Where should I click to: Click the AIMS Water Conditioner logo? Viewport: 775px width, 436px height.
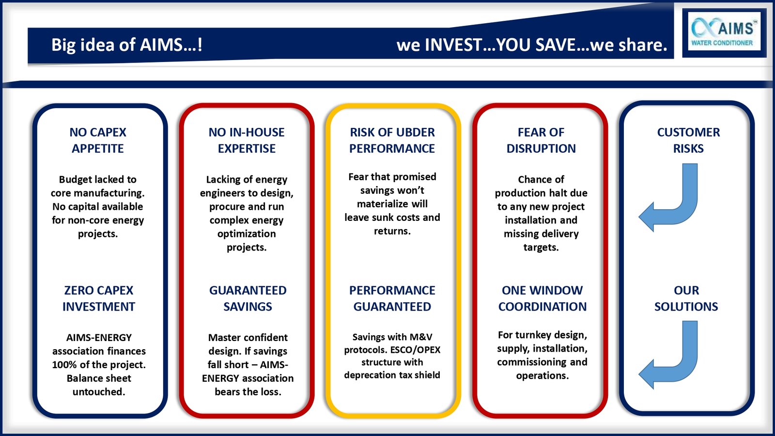click(x=724, y=31)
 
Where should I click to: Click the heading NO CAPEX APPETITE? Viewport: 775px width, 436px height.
click(x=98, y=140)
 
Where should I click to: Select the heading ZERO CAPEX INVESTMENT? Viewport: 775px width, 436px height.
click(x=99, y=298)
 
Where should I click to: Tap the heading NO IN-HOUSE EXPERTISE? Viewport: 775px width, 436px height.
click(x=247, y=140)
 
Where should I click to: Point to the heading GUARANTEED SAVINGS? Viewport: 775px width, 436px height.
click(x=248, y=298)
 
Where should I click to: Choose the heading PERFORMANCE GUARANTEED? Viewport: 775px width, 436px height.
click(x=392, y=298)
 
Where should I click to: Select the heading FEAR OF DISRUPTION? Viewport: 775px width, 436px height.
click(x=541, y=140)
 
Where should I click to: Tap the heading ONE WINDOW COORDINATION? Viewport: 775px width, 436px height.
click(x=542, y=298)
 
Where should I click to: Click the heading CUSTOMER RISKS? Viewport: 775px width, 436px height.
click(x=688, y=140)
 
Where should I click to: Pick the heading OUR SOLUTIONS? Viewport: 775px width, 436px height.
click(x=686, y=298)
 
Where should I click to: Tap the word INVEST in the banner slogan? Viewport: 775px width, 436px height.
click(x=453, y=45)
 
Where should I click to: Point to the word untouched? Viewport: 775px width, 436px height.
click(x=99, y=392)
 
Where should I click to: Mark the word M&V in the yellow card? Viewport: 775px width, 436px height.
click(x=421, y=337)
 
